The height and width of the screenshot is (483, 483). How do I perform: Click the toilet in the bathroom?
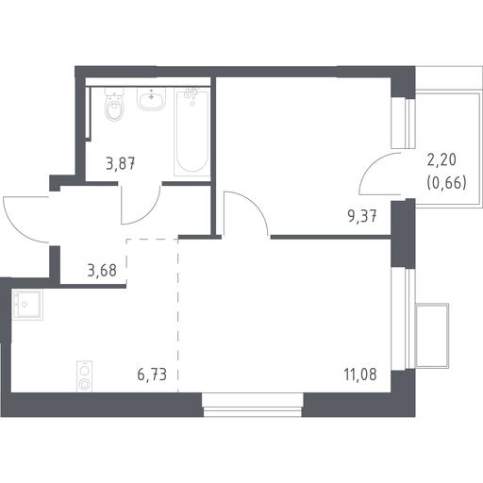point(114,105)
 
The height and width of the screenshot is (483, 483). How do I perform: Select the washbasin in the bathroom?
point(151,99)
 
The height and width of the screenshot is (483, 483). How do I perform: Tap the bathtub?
point(192,133)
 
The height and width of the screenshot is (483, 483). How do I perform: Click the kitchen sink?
point(27,305)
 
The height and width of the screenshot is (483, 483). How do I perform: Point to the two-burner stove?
point(84,376)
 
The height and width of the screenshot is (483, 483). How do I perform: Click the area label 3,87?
point(121,164)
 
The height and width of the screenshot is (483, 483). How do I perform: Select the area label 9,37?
point(362,216)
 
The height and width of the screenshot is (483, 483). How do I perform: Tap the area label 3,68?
point(102,270)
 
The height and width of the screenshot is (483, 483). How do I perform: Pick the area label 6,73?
point(152,375)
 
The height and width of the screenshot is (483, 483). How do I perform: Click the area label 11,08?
point(360,375)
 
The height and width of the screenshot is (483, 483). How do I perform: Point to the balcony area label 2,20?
point(441,159)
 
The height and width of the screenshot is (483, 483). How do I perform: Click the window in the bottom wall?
point(253,405)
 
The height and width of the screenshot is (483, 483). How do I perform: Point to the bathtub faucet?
point(192,94)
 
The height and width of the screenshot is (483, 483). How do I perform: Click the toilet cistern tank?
point(114,92)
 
